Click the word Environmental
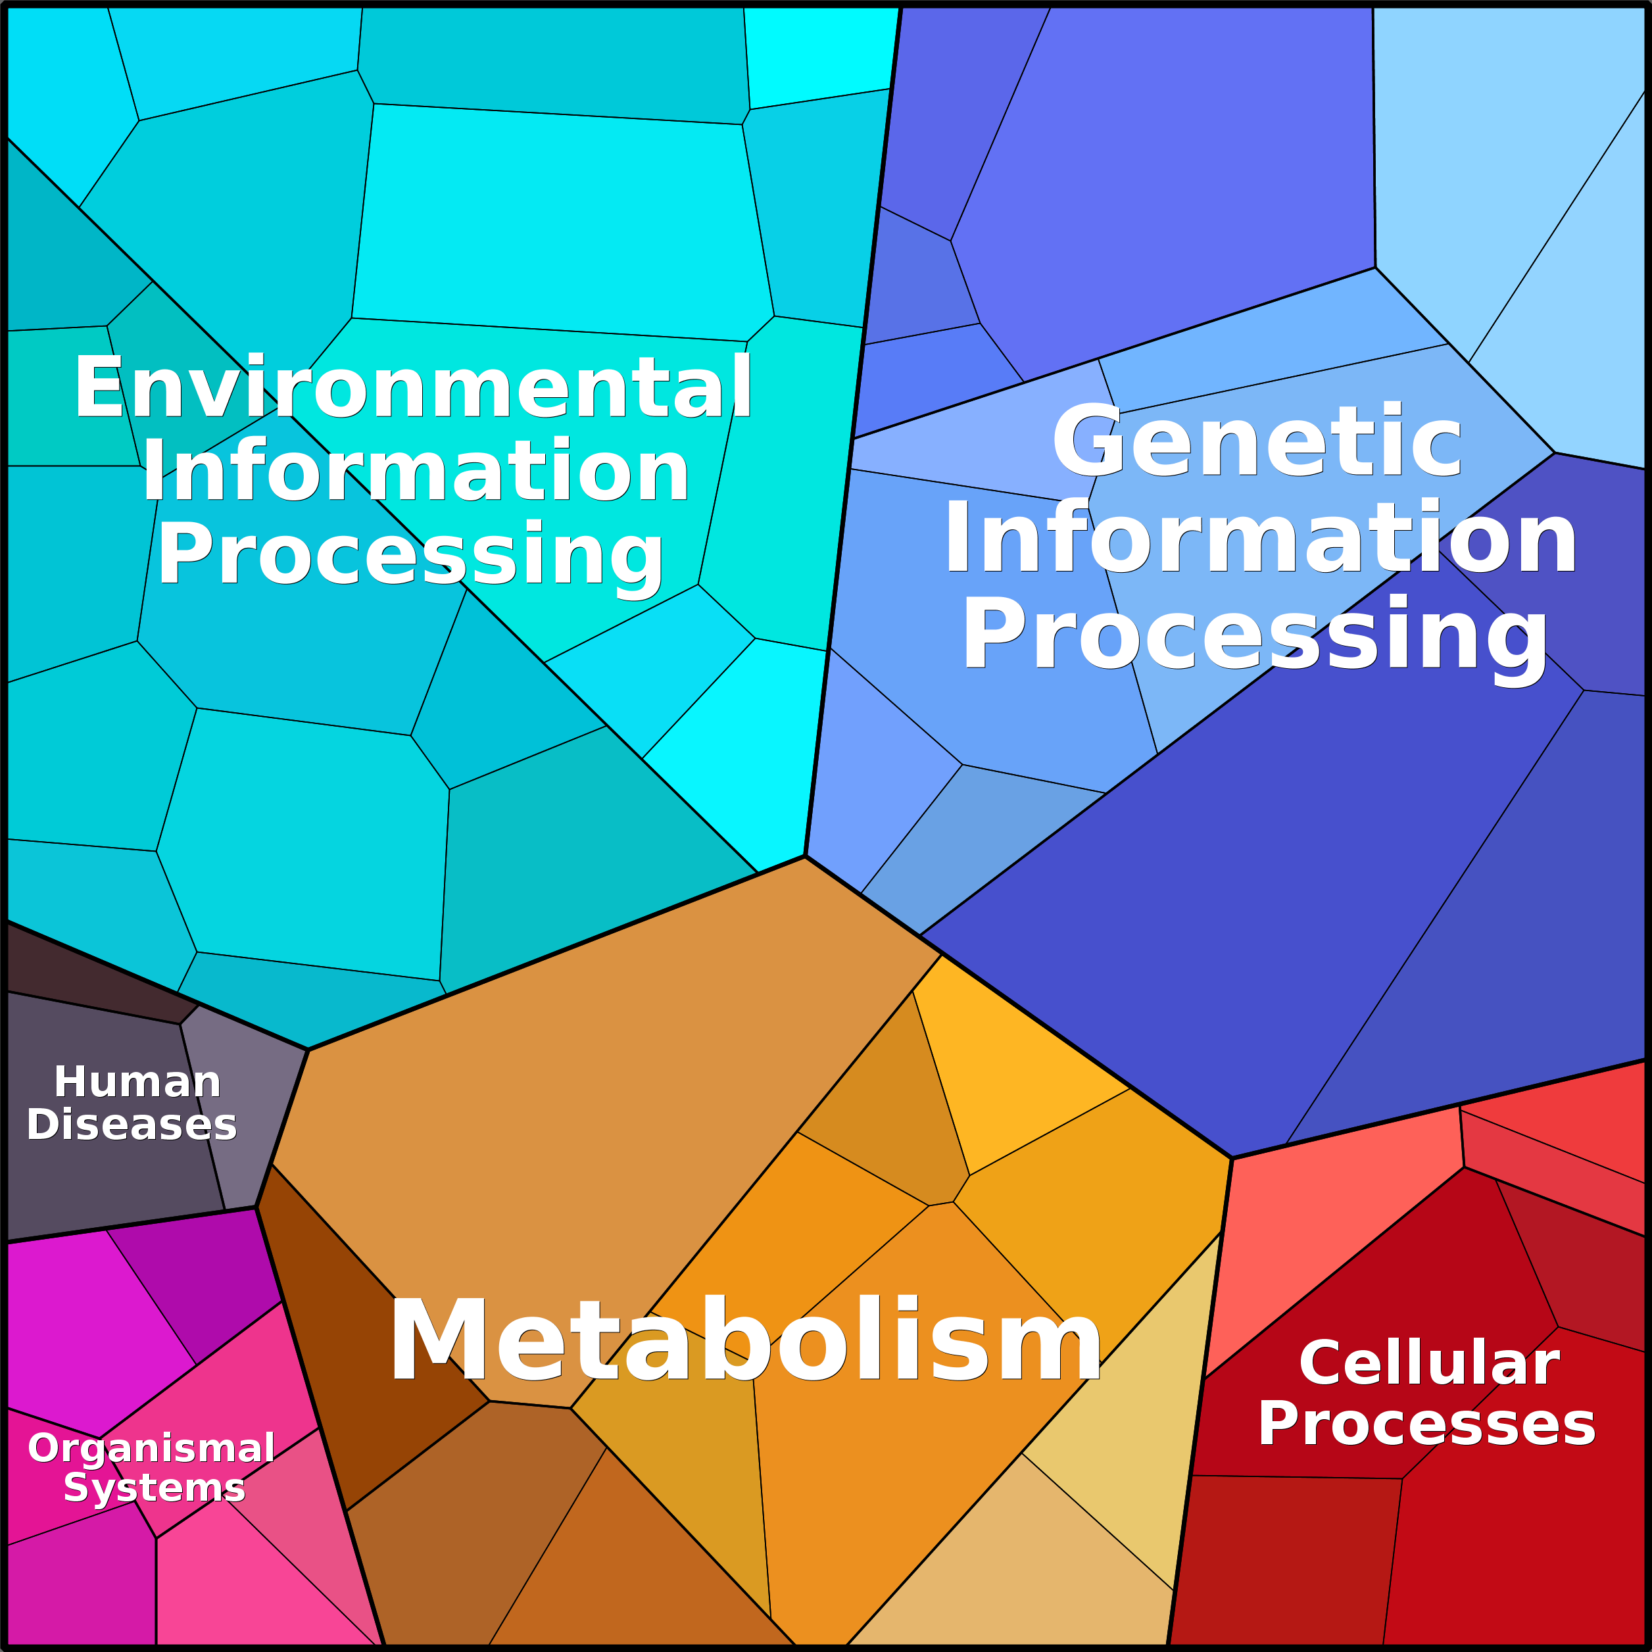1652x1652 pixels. (x=414, y=387)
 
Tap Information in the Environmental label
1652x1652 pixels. (x=416, y=470)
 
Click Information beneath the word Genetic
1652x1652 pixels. (x=1261, y=539)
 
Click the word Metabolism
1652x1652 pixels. (x=744, y=1340)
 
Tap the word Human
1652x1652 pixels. (x=137, y=1082)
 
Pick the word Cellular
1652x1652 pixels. (x=1429, y=1363)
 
